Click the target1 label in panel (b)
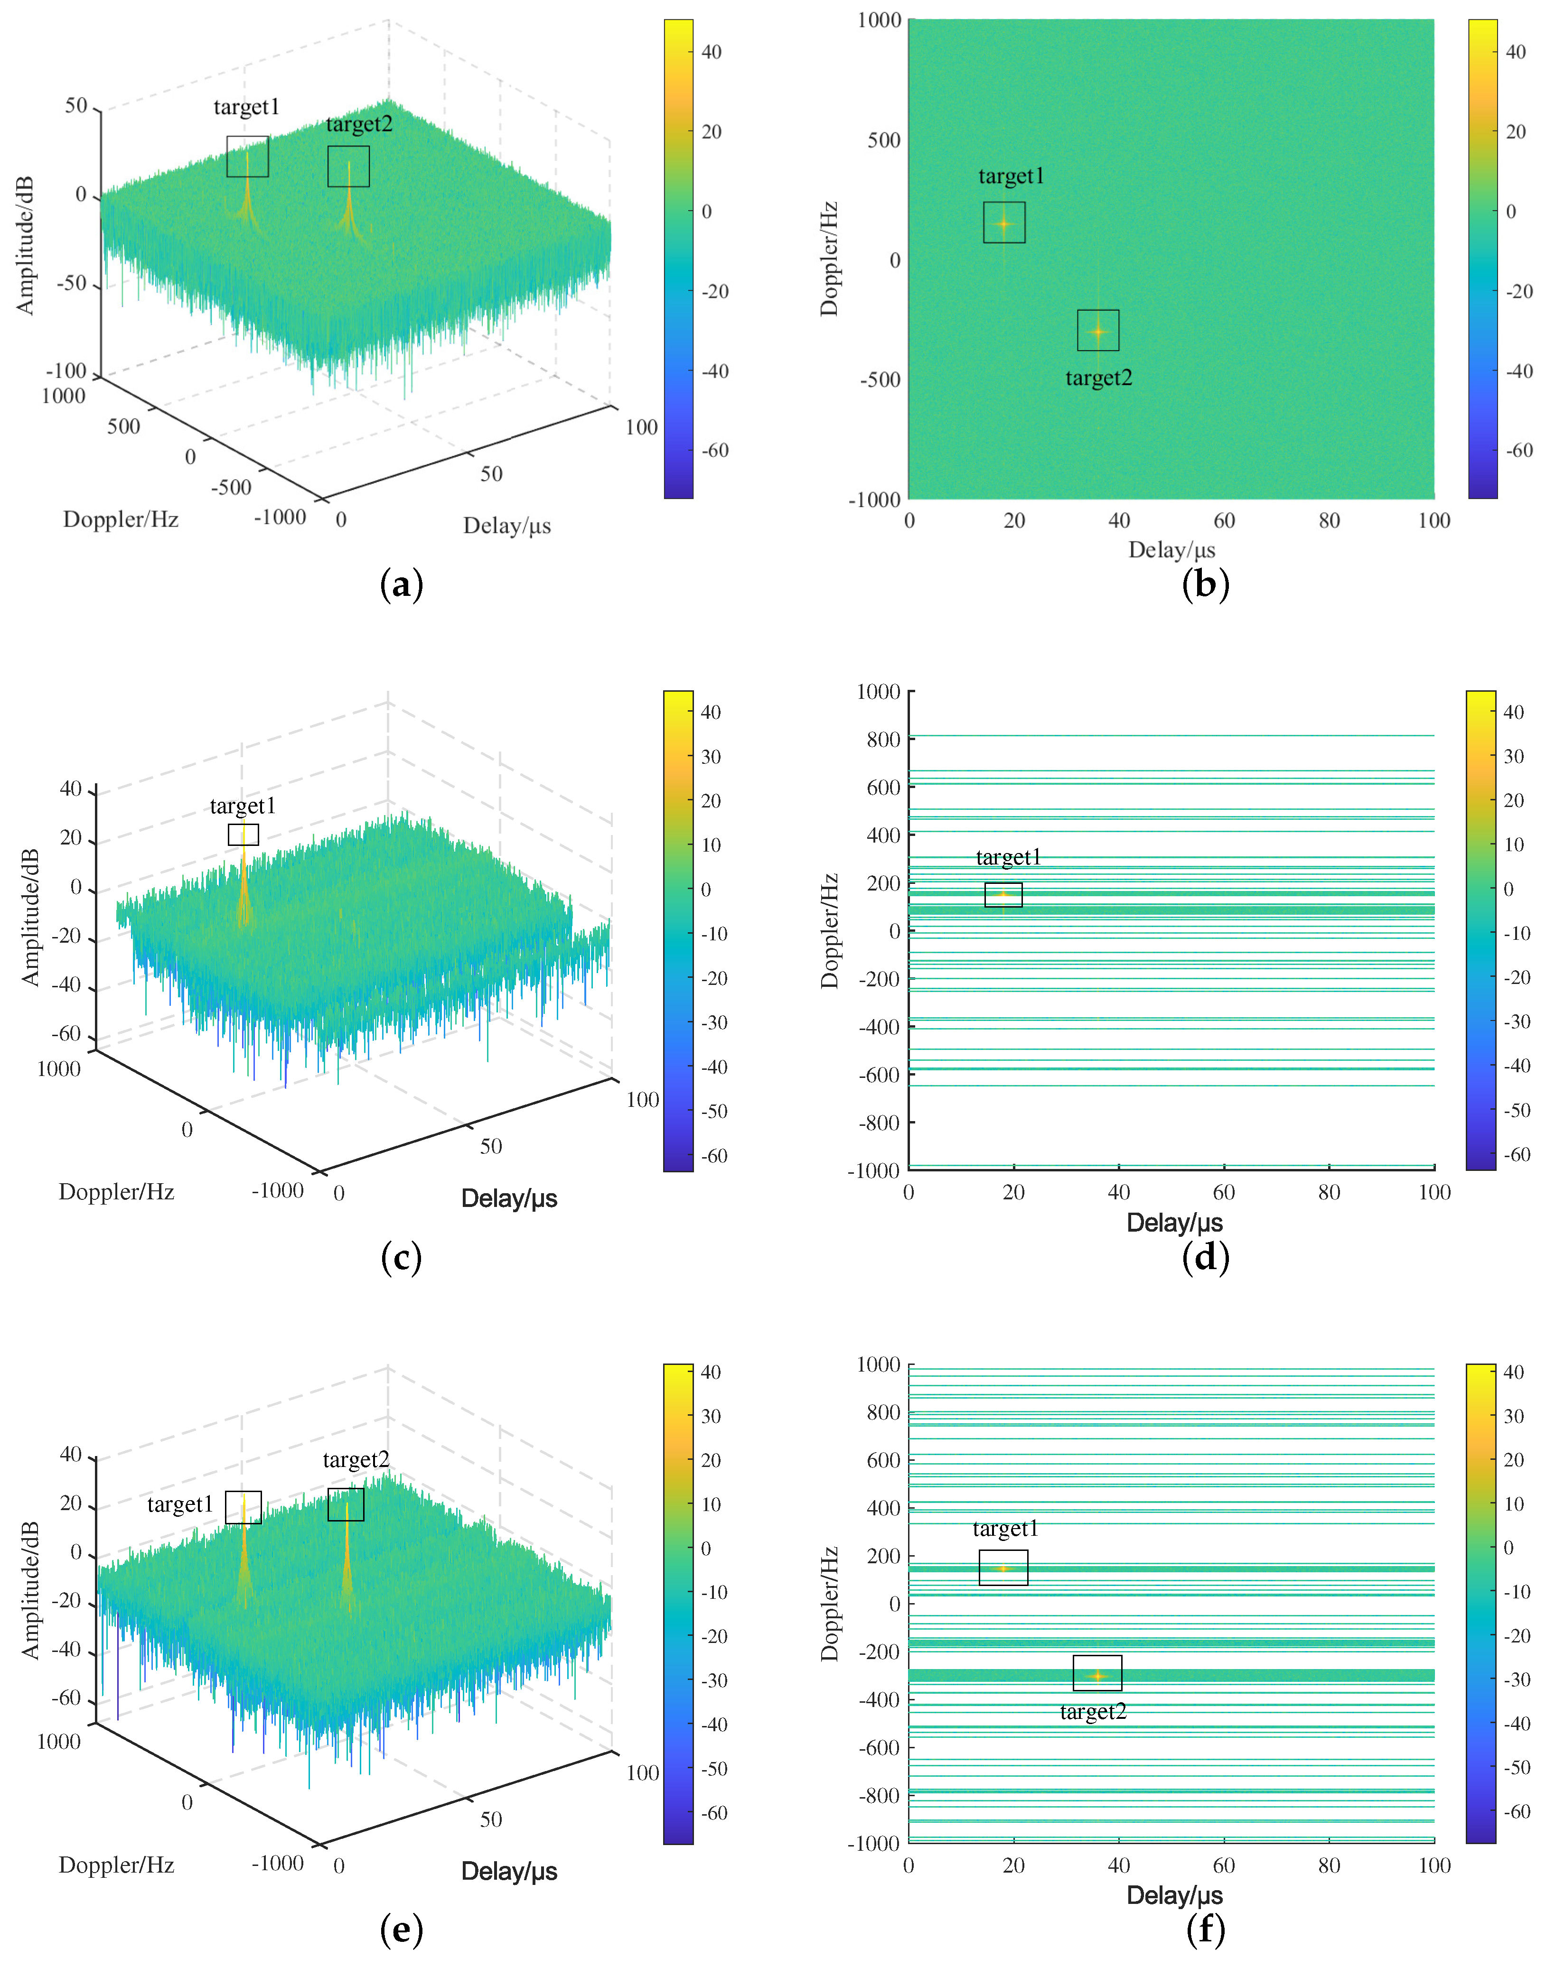click(x=1011, y=176)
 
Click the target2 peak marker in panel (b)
click(x=1098, y=331)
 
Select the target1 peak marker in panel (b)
click(x=1004, y=223)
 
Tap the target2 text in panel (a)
click(x=359, y=124)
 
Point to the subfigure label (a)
click(x=401, y=585)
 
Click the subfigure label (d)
click(x=1205, y=1258)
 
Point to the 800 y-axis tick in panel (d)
click(x=882, y=739)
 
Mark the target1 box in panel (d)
click(x=1003, y=895)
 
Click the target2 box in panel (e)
click(x=346, y=1504)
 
